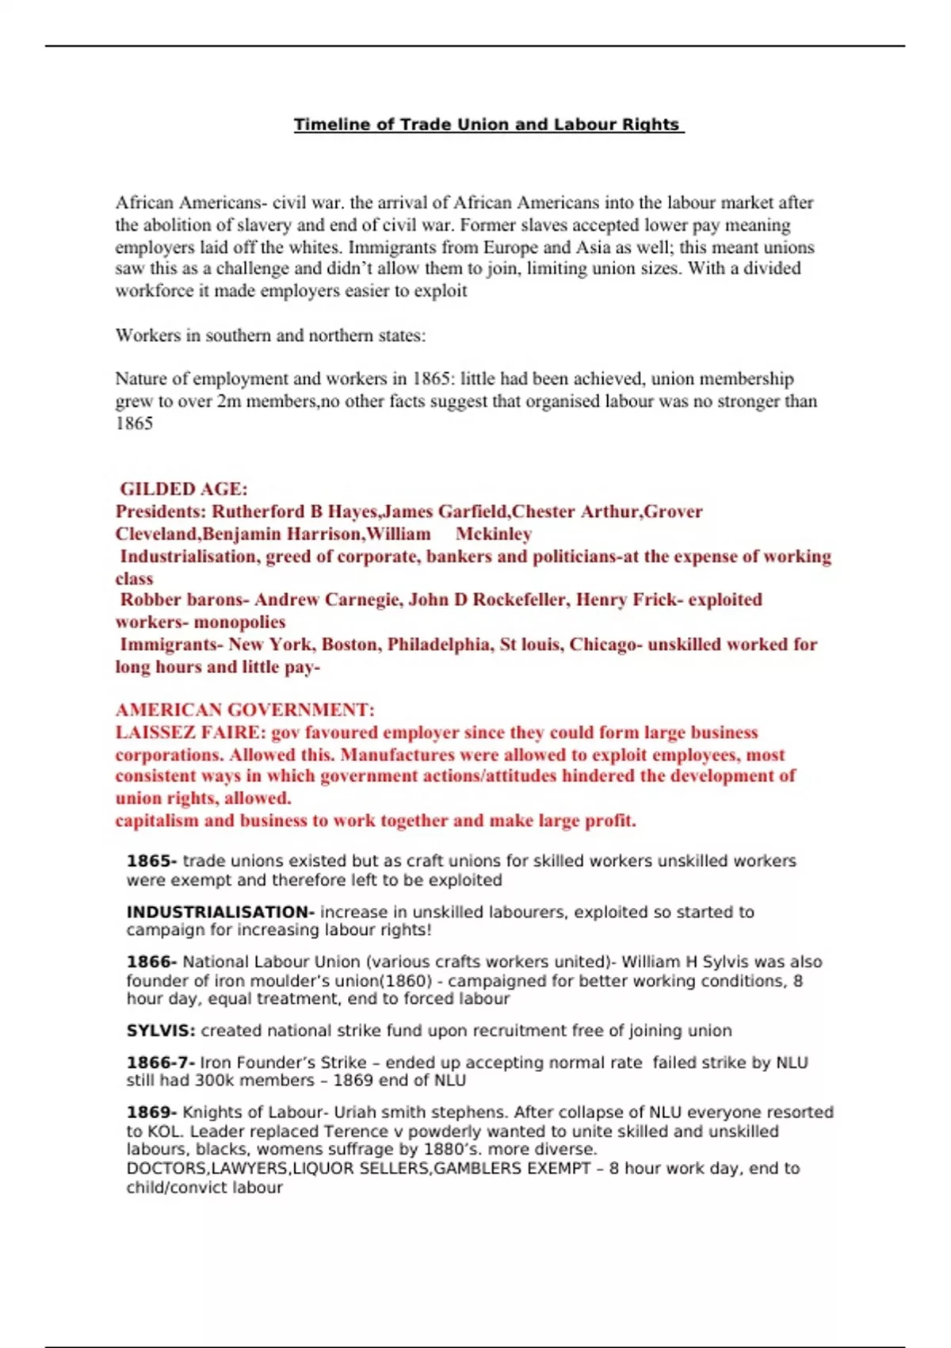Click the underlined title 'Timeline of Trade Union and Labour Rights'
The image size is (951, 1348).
pyautogui.click(x=488, y=124)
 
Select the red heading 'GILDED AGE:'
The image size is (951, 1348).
pyautogui.click(x=184, y=489)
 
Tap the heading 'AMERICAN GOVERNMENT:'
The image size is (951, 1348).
pyautogui.click(x=245, y=710)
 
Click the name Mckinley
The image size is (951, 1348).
pyautogui.click(x=494, y=534)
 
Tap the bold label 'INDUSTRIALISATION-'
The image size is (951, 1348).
pyautogui.click(x=220, y=912)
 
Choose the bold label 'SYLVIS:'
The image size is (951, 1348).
pyautogui.click(x=161, y=1031)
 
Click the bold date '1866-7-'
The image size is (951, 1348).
pyautogui.click(x=161, y=1063)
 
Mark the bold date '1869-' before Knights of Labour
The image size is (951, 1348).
pyautogui.click(x=152, y=1112)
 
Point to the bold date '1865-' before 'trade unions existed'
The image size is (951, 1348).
pyautogui.click(x=152, y=861)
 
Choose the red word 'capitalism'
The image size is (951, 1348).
pyautogui.click(x=157, y=821)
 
